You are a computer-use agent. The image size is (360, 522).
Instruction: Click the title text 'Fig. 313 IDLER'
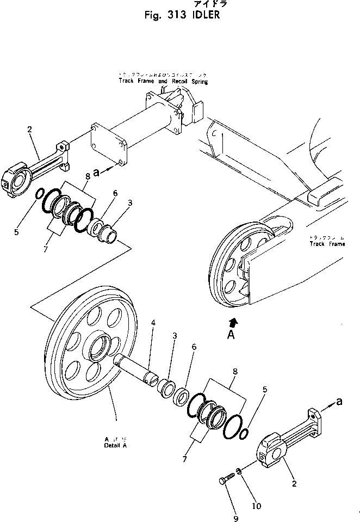click(x=182, y=15)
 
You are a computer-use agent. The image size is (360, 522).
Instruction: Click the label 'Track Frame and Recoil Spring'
click(x=164, y=81)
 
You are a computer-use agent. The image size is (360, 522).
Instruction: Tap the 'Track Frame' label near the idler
click(x=327, y=244)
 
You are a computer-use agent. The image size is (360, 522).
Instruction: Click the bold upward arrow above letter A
click(x=234, y=322)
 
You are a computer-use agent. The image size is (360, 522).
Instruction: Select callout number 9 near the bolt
click(x=235, y=518)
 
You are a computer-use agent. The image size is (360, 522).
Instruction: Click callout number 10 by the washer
click(x=257, y=506)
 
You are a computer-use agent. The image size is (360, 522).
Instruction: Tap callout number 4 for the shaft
click(x=153, y=323)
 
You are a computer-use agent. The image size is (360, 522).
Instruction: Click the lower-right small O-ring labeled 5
click(x=244, y=432)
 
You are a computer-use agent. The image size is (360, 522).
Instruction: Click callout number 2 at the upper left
click(x=29, y=129)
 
